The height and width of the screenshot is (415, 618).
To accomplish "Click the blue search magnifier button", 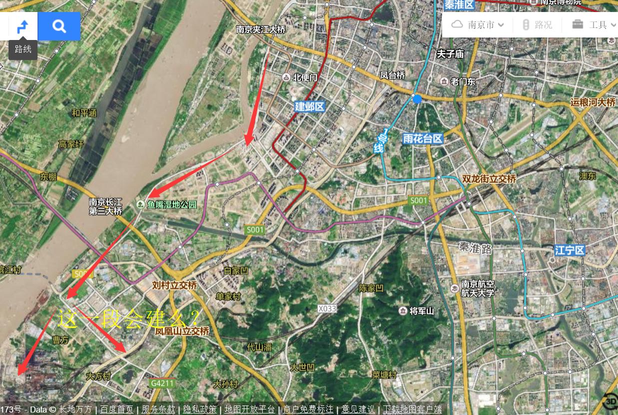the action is coord(59,26).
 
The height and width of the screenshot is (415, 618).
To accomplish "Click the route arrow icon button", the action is coord(23,26).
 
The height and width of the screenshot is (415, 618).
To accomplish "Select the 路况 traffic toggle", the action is coord(538,24).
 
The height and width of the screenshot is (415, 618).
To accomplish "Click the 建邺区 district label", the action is coord(310,106).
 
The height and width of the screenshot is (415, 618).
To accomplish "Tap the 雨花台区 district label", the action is coord(423,138).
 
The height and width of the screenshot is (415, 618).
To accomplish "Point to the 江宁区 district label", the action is coord(570,250).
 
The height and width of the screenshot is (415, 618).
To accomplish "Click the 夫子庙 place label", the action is coord(450,53).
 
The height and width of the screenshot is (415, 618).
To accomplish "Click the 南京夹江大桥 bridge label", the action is coord(261,30).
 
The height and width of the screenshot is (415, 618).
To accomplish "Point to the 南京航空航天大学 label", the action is coord(478,288).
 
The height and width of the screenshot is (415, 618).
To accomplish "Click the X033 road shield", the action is coord(327,309).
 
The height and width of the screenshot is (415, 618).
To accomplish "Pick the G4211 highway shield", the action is coord(162,383).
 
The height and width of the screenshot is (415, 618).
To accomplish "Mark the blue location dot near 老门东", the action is coord(417,99).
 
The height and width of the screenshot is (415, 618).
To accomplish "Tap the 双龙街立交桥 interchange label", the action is coord(489,178).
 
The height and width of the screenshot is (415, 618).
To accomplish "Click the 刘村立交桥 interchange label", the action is coord(174,285).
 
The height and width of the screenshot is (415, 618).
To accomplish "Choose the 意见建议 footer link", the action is coord(358,409).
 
